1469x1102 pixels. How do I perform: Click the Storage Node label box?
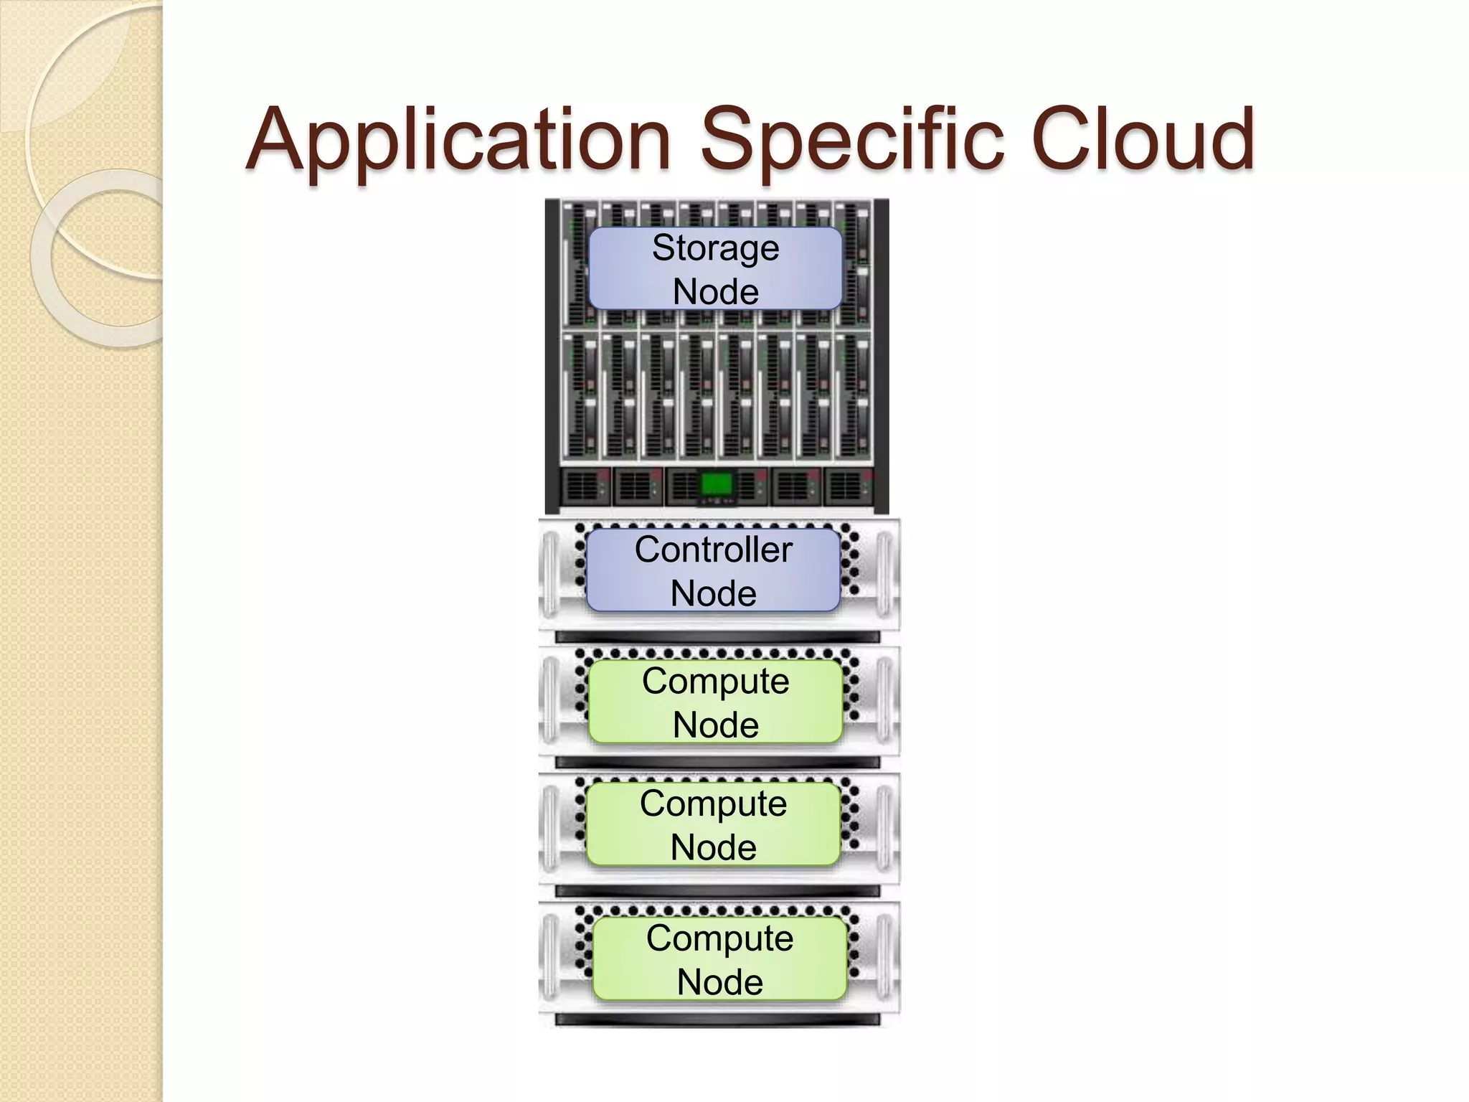[x=715, y=269]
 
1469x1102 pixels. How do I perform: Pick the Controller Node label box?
[x=713, y=571]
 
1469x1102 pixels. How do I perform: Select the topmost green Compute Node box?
[x=715, y=702]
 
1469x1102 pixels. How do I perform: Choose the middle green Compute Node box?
[x=713, y=824]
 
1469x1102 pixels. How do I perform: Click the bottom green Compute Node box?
[x=719, y=959]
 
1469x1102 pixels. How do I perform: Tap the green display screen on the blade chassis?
[x=716, y=484]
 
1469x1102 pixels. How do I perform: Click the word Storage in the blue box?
[x=715, y=248]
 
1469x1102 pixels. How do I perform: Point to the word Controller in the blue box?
[x=713, y=550]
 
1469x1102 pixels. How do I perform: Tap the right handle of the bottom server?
[x=884, y=961]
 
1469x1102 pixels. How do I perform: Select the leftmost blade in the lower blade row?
[x=580, y=396]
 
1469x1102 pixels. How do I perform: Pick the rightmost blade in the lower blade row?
[x=851, y=396]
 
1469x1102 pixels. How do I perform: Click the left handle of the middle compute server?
[x=550, y=829]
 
